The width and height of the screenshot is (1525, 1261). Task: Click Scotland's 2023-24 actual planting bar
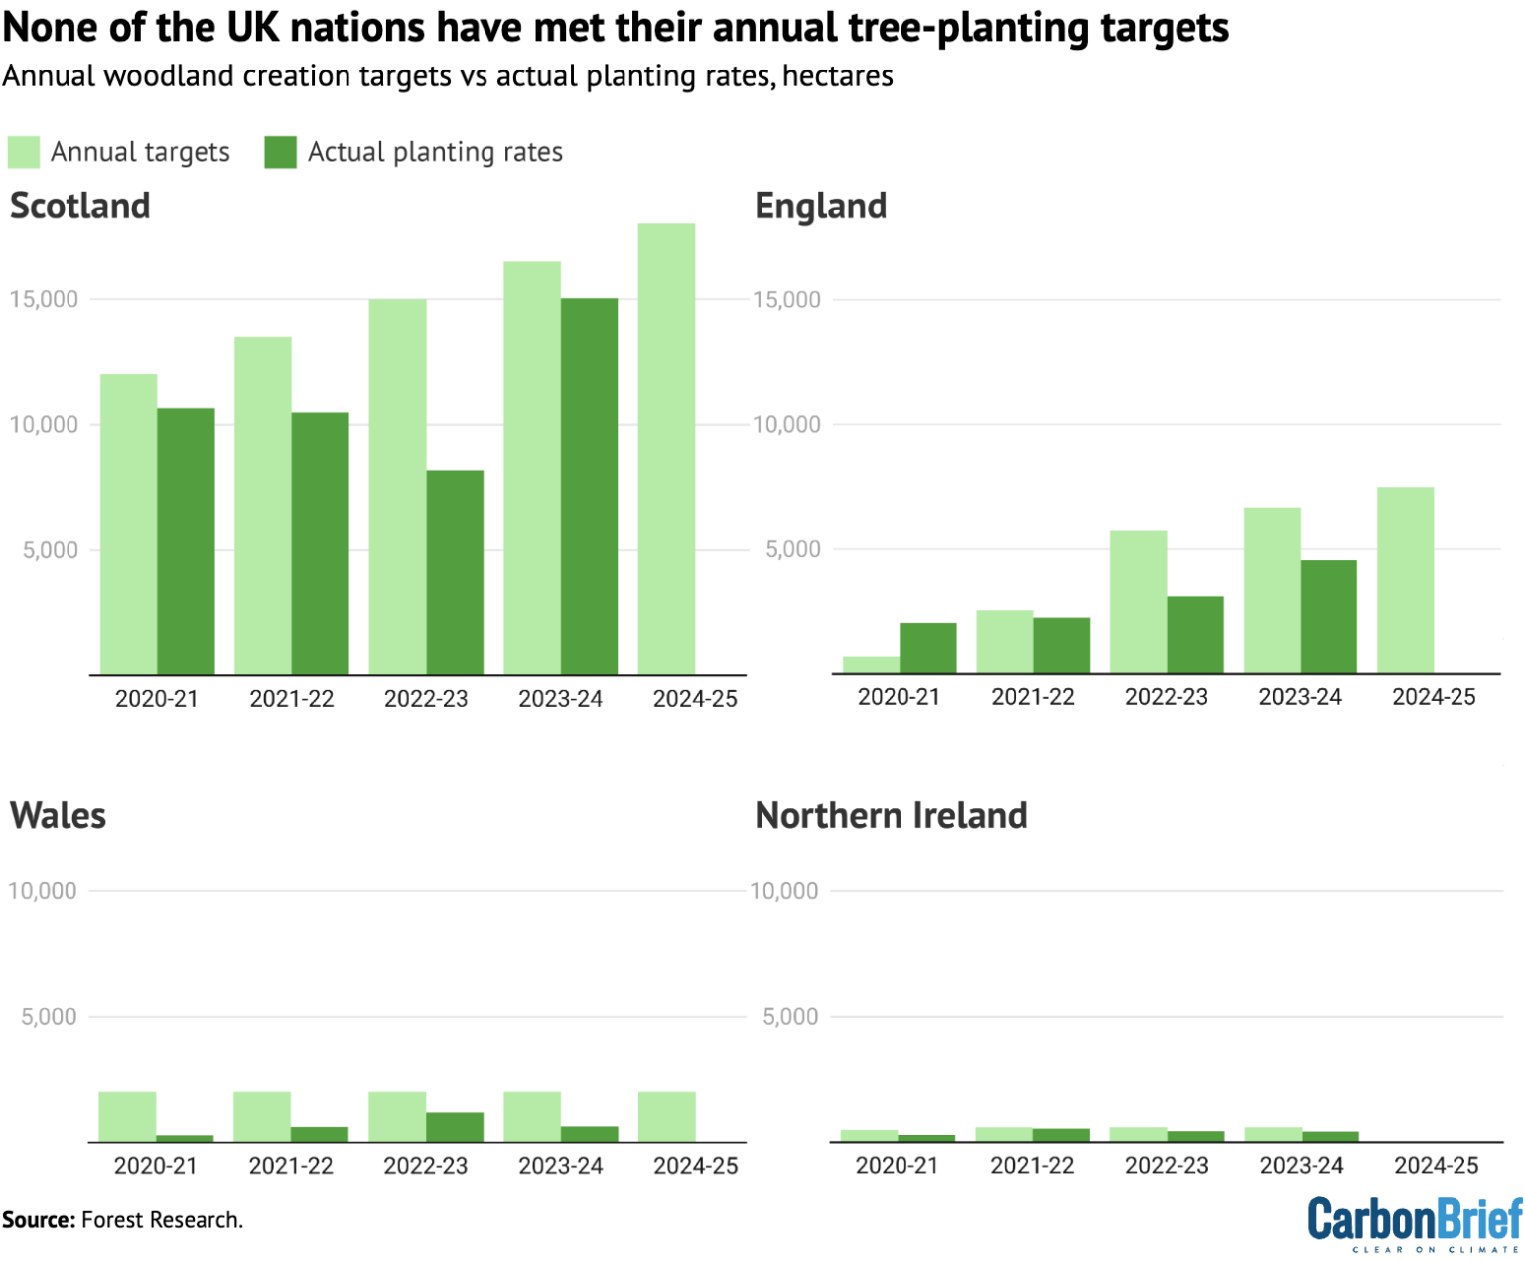[x=589, y=487]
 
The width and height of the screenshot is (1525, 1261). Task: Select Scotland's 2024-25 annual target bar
[x=666, y=449]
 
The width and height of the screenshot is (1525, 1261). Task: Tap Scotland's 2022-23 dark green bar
[x=455, y=572]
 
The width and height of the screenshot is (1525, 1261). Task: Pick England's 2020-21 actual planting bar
[x=927, y=648]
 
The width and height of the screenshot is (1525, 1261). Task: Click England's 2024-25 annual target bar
[x=1405, y=580]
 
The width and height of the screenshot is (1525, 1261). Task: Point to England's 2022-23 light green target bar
[x=1138, y=602]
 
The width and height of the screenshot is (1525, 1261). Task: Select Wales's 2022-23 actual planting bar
[x=455, y=1127]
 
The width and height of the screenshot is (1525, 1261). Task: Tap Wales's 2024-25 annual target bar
[x=666, y=1117]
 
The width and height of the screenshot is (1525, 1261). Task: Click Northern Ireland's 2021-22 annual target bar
[x=1004, y=1135]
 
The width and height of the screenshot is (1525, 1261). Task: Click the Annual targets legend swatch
[x=23, y=152]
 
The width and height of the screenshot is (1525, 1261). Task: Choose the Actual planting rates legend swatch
[x=280, y=152]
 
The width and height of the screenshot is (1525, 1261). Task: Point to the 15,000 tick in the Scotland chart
[x=44, y=299]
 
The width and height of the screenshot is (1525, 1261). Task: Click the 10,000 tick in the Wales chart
[x=42, y=891]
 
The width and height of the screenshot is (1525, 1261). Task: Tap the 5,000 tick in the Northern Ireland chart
[x=790, y=1016]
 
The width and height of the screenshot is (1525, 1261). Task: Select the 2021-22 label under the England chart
[x=1033, y=697]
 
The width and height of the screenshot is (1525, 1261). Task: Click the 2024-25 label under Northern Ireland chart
[x=1436, y=1165]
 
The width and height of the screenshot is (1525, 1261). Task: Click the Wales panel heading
[x=58, y=815]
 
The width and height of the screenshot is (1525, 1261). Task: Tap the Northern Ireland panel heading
[x=891, y=815]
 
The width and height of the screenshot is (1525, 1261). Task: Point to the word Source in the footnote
[x=39, y=1219]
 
